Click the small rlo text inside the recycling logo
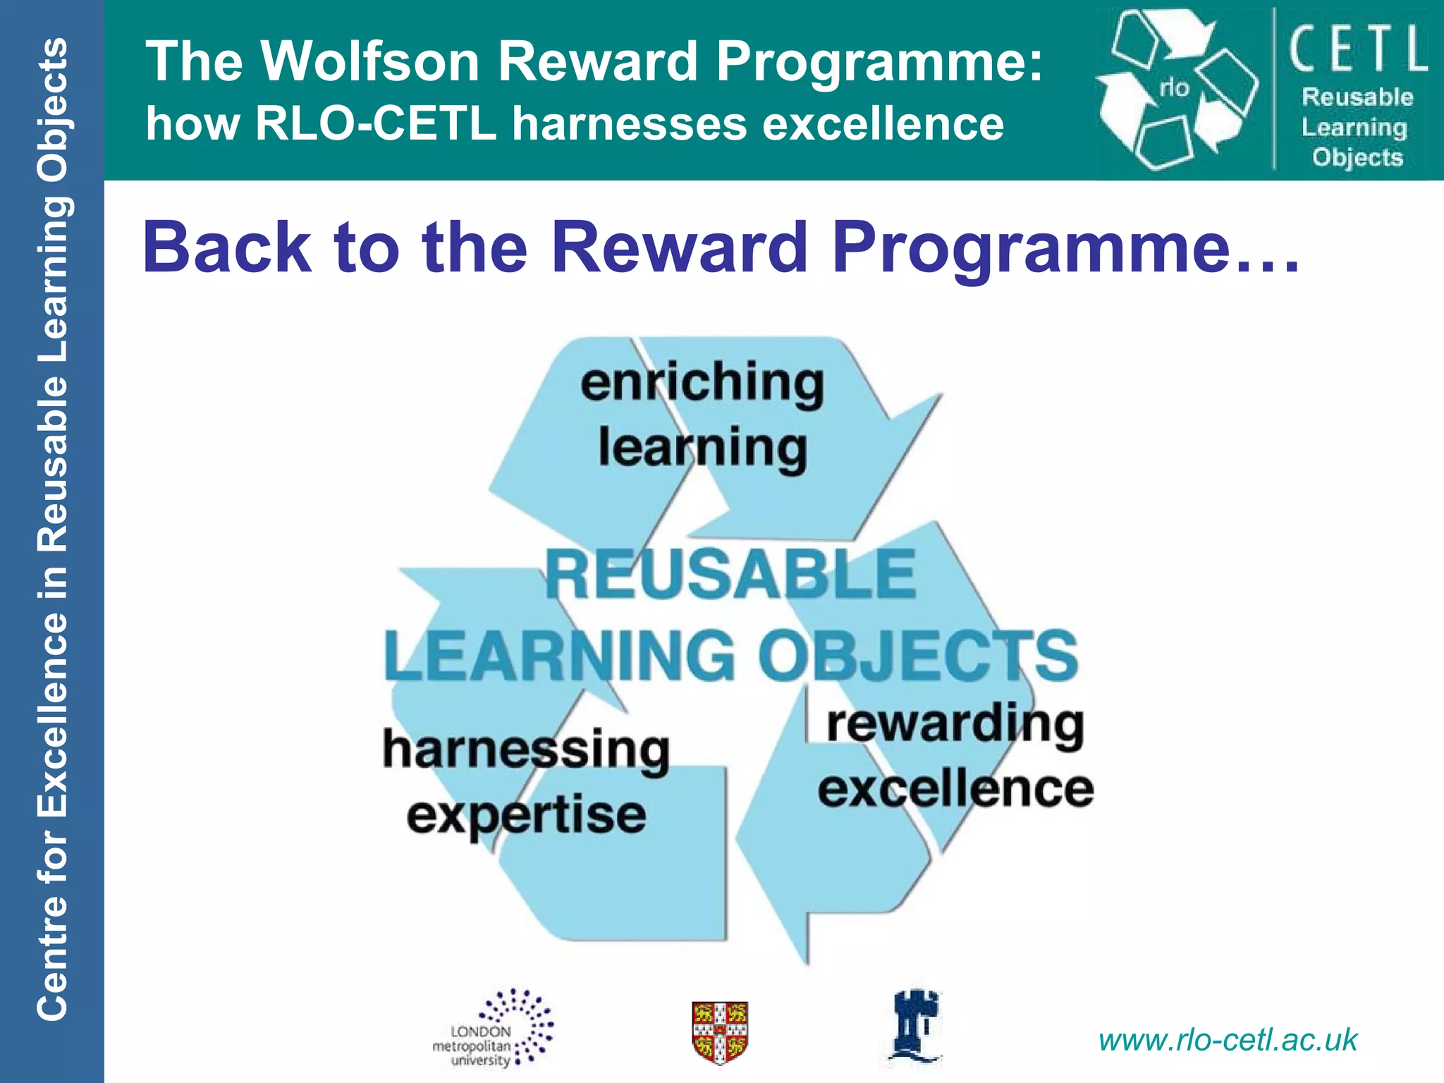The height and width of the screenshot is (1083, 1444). [1174, 87]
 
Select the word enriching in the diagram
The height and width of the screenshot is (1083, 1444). [702, 383]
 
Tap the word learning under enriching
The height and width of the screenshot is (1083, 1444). [702, 448]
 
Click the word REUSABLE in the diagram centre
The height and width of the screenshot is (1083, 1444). [730, 575]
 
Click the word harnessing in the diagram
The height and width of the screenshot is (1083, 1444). [526, 750]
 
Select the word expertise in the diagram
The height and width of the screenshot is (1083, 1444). [526, 815]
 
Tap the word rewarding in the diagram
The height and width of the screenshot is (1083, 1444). [955, 724]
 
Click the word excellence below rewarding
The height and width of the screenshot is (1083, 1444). [955, 789]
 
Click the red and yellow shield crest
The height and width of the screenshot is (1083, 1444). [719, 1032]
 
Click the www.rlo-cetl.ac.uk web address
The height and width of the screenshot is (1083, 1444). [1228, 1040]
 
